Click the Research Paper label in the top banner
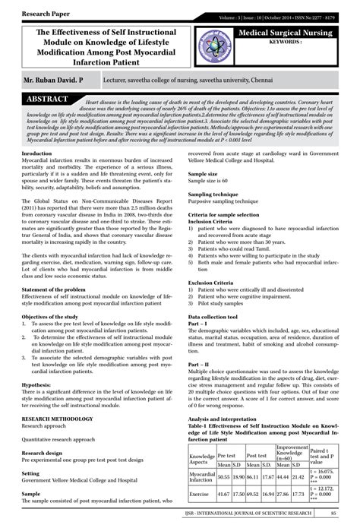point(36,13)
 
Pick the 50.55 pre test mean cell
point(223,476)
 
